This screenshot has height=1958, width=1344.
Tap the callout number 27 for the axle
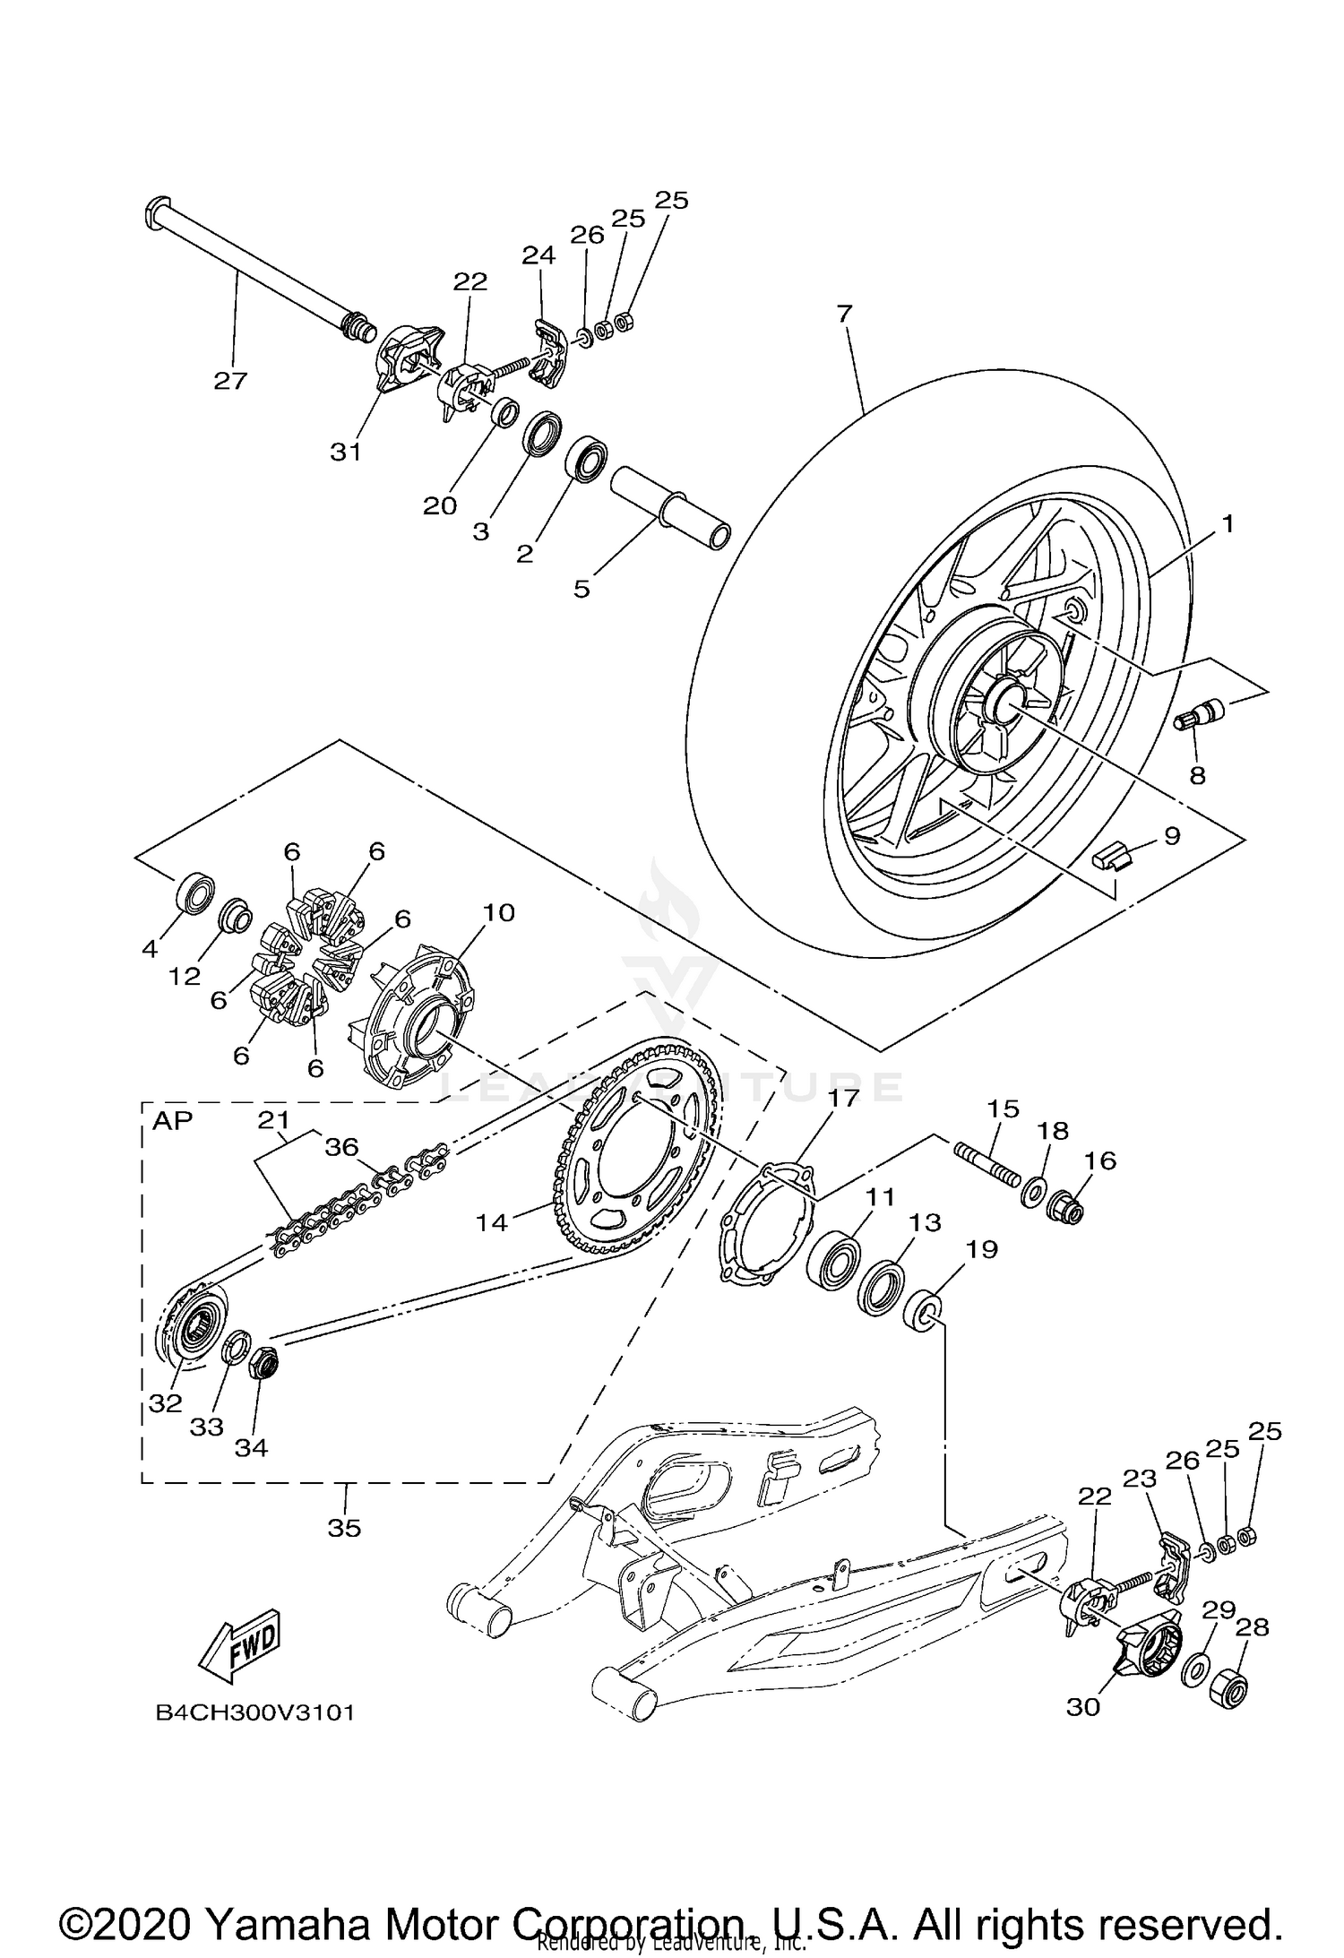[229, 381]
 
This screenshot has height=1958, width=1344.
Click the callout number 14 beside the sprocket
[492, 1221]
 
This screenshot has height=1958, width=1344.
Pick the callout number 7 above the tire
[844, 314]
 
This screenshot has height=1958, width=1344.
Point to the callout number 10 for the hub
[499, 913]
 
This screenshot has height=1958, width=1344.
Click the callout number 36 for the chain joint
[341, 1147]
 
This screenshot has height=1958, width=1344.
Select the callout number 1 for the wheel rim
[1228, 524]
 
